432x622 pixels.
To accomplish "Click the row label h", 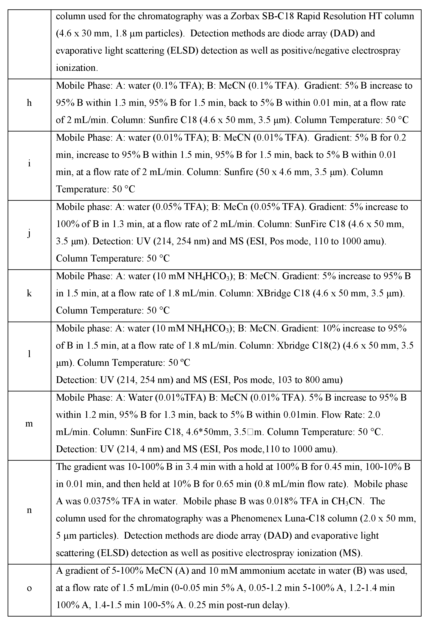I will click(x=29, y=103).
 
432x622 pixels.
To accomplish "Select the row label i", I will click(x=29, y=164).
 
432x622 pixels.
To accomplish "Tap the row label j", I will click(x=29, y=233).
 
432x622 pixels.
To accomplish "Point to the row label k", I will click(x=29, y=293).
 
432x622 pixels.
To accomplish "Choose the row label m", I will click(x=29, y=423).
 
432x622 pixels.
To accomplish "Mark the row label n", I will click(x=29, y=510).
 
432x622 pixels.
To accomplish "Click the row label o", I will click(x=29, y=588).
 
